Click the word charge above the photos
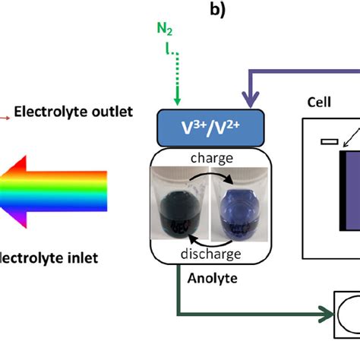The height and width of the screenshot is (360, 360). pyautogui.click(x=211, y=158)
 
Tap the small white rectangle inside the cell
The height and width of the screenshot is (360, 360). pyautogui.click(x=329, y=141)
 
